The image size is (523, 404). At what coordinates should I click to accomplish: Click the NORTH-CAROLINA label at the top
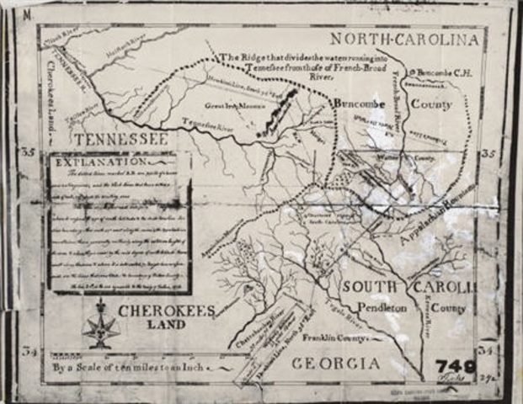coord(404,39)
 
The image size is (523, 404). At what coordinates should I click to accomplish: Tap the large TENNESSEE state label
coord(120,138)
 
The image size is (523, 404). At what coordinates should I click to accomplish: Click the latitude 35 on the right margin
coord(486,153)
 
